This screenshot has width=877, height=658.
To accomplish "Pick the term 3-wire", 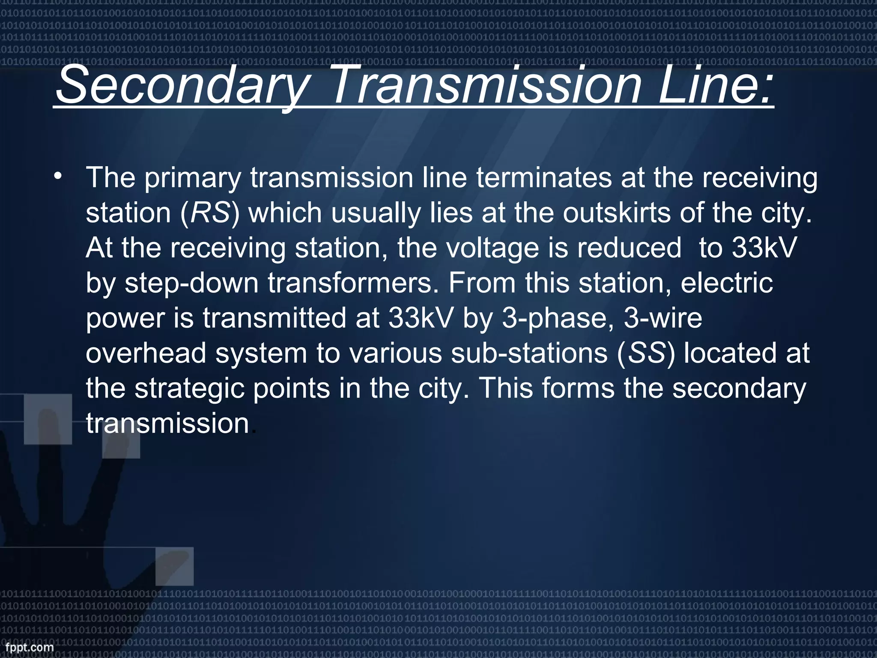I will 662,318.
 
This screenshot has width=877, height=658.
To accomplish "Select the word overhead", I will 146,353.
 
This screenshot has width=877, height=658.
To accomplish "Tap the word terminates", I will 544,178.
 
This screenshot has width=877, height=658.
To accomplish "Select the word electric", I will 726,283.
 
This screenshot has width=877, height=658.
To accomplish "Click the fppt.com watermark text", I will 27,647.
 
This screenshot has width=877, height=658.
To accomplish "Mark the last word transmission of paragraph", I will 167,424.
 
